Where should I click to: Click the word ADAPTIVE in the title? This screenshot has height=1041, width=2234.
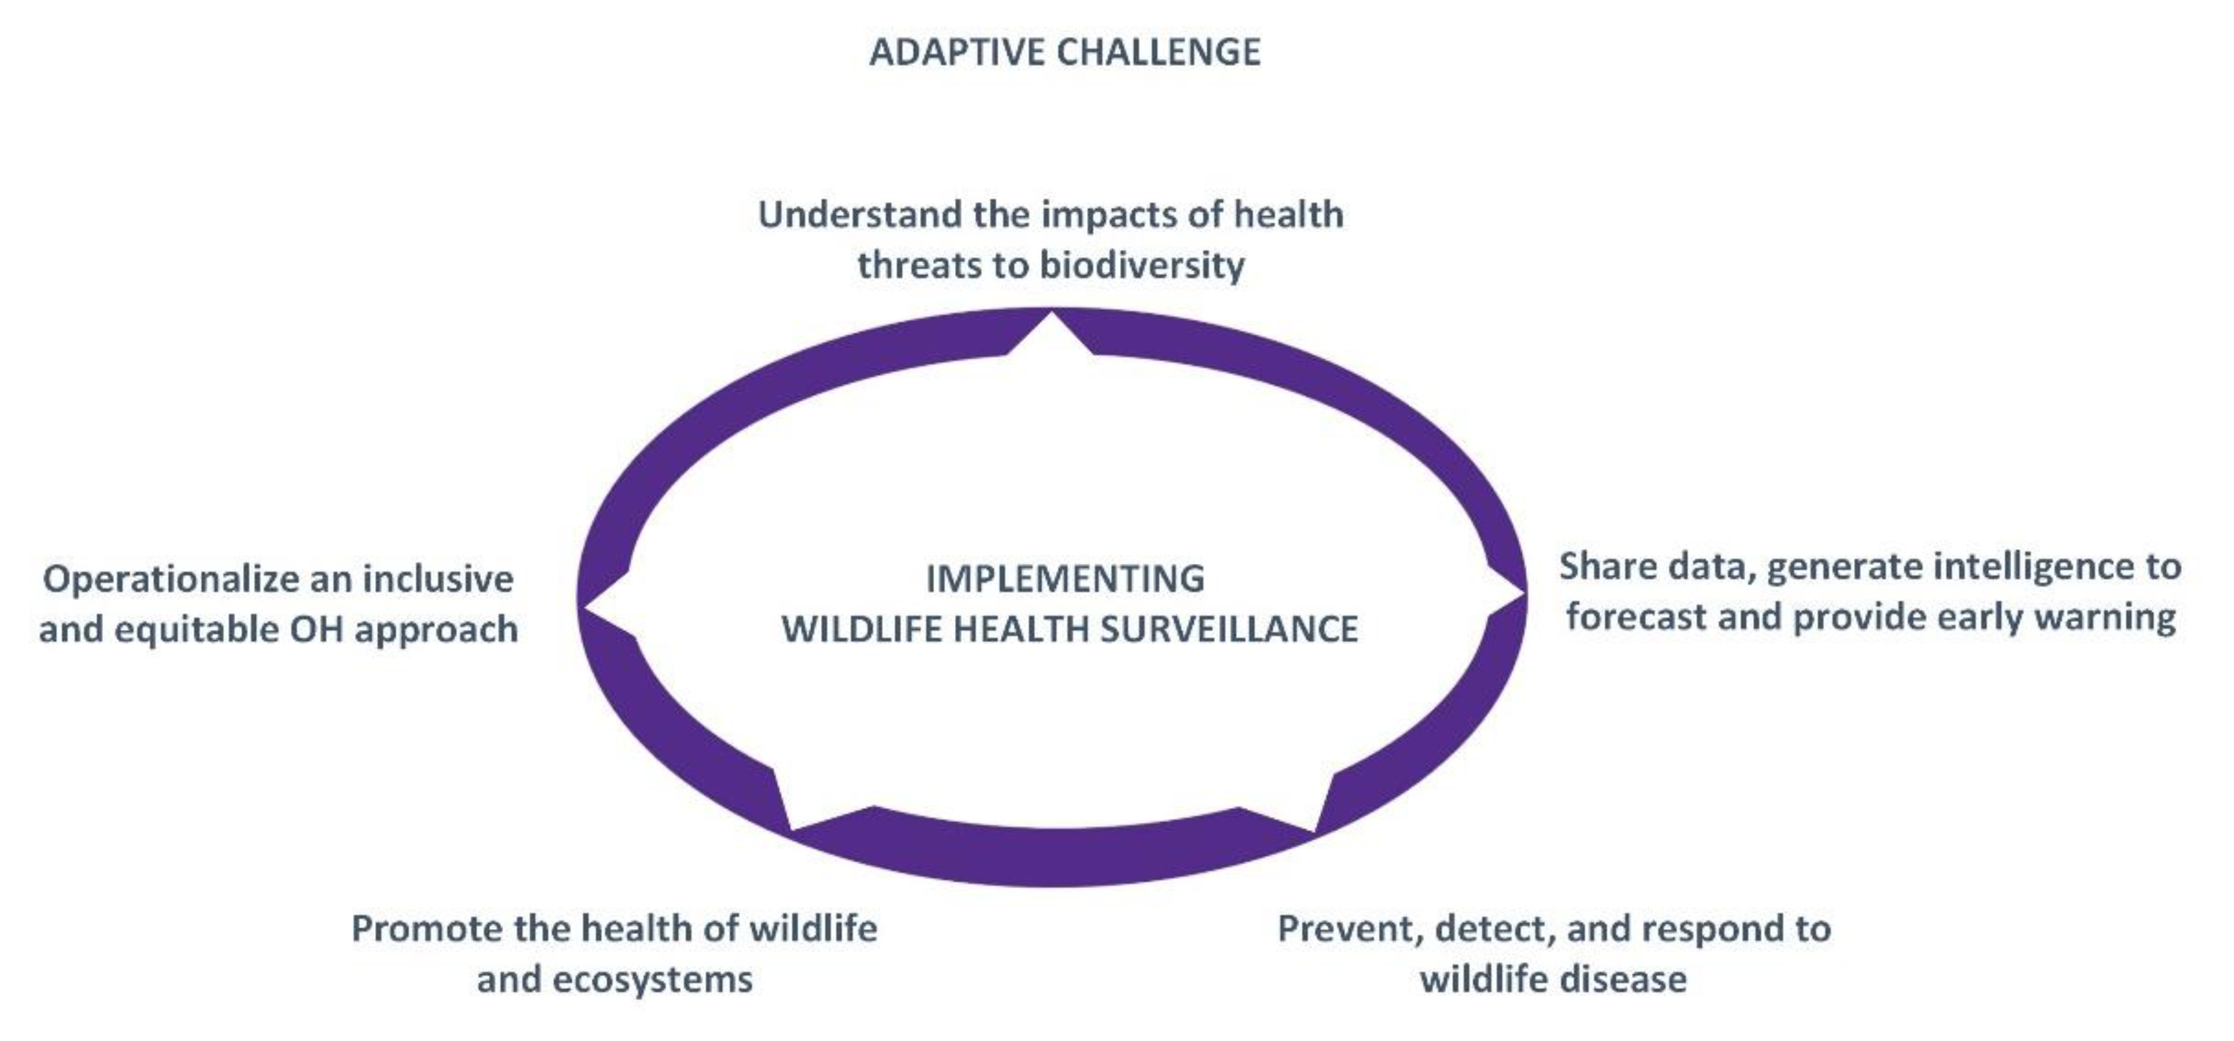956,52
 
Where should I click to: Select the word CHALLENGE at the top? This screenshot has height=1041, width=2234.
1158,52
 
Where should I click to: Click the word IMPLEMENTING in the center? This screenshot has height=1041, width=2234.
1066,579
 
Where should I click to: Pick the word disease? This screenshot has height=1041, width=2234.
1625,980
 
